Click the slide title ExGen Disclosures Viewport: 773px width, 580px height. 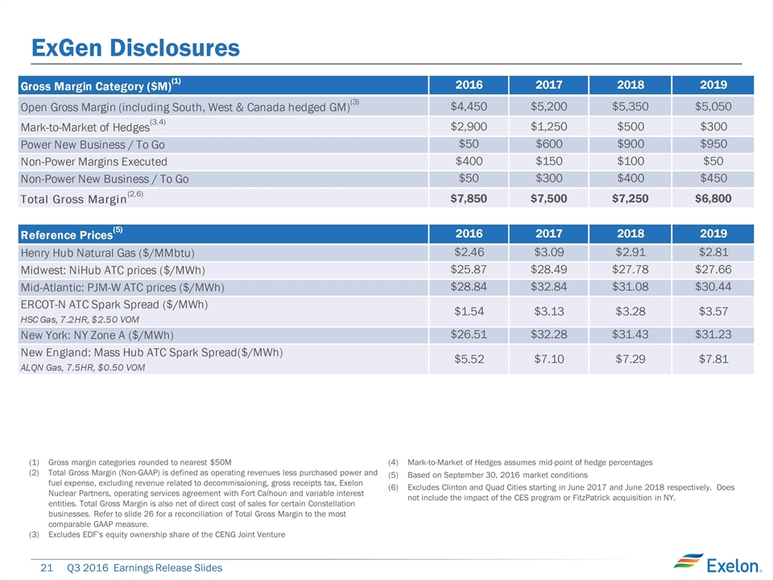pos(135,48)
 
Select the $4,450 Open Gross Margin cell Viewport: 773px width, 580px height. pos(469,106)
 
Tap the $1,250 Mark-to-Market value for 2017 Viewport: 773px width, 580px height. pos(548,126)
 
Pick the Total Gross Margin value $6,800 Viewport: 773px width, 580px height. pos(713,197)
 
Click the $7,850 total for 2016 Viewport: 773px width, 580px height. pos(469,197)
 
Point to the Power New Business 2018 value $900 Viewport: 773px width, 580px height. pos(630,144)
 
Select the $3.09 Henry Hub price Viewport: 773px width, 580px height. pos(548,253)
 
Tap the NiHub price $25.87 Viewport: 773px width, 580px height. pos(469,269)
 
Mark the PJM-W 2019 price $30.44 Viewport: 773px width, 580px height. pos(713,287)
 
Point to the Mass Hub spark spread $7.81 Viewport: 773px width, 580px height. pos(713,359)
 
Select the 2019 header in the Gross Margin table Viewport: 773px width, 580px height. pos(713,85)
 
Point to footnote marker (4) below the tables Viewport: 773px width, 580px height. pos(394,462)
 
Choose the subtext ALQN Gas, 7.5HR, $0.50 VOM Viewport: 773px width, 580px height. pos(79,367)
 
